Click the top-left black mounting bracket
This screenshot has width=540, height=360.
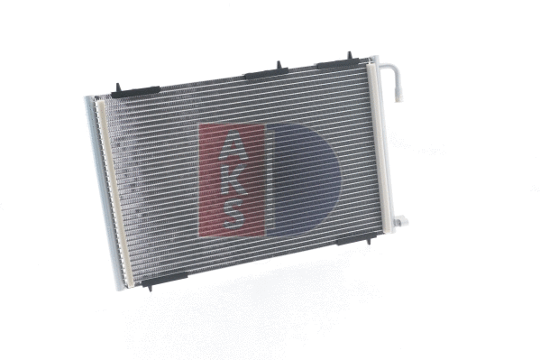pyautogui.click(x=136, y=91)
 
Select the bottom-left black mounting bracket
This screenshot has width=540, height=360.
pyautogui.click(x=163, y=279)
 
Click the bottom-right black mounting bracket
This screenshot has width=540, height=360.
pyautogui.click(x=358, y=239)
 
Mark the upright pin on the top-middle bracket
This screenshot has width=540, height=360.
pyautogui.click(x=278, y=65)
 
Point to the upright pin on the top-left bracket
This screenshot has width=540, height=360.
pyautogui.click(x=117, y=87)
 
